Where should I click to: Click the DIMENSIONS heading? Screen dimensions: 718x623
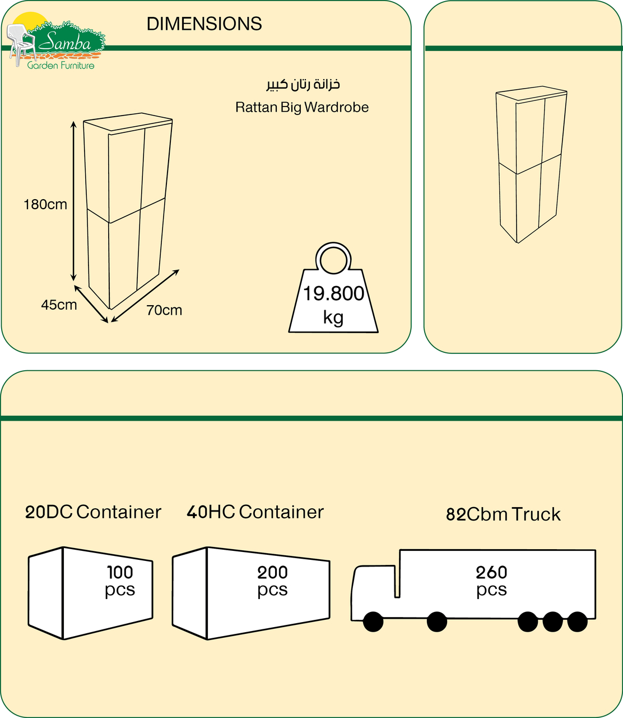pyautogui.click(x=204, y=24)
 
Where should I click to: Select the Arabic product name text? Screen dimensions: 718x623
pyautogui.click(x=303, y=84)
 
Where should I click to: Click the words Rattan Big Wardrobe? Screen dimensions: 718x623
pyautogui.click(x=302, y=107)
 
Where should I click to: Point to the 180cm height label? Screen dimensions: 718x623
pyautogui.click(x=45, y=205)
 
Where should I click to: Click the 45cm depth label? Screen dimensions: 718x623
pyautogui.click(x=59, y=305)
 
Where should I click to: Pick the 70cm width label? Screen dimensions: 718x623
pyautogui.click(x=164, y=310)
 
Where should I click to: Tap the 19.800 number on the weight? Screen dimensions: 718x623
pyautogui.click(x=333, y=293)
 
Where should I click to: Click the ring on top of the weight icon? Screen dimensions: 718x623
pyautogui.click(x=333, y=259)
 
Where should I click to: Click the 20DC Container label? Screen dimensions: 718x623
pyautogui.click(x=93, y=512)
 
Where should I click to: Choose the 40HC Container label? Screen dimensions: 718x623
pyautogui.click(x=255, y=512)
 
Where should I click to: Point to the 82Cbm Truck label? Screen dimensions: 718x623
pyautogui.click(x=503, y=514)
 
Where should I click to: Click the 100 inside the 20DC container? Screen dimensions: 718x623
pyautogui.click(x=120, y=572)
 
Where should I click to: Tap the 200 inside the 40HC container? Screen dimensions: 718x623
pyautogui.click(x=272, y=572)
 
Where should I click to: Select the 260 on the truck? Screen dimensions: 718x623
pyautogui.click(x=491, y=572)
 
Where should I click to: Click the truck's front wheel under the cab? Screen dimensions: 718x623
pyautogui.click(x=373, y=622)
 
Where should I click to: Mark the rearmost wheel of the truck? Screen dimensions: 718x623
pyautogui.click(x=578, y=622)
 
